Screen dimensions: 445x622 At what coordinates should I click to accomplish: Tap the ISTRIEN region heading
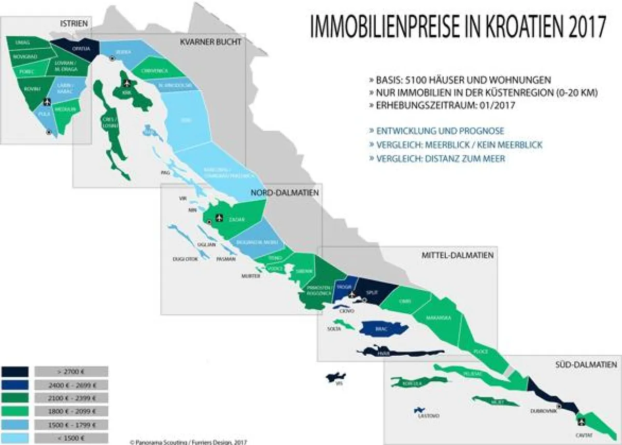pyautogui.click(x=74, y=23)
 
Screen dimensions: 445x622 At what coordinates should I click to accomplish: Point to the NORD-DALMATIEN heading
pyautogui.click(x=285, y=193)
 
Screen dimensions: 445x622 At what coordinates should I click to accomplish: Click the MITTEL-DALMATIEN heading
pyautogui.click(x=457, y=255)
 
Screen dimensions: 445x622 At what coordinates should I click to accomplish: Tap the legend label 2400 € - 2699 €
pyautogui.click(x=71, y=385)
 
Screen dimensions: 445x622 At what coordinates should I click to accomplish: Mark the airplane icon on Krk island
pyautogui.click(x=127, y=83)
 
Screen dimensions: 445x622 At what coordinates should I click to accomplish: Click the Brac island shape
pyautogui.click(x=383, y=329)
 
